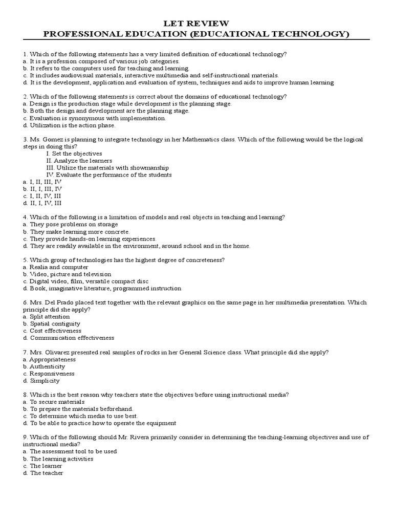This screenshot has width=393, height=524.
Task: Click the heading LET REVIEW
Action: point(196,24)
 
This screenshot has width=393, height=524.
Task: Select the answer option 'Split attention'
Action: point(46,317)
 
